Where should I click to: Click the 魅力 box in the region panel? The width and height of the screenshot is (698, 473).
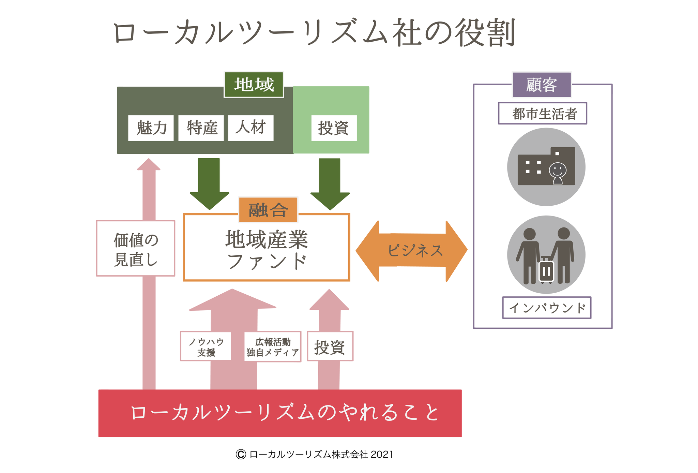click(151, 128)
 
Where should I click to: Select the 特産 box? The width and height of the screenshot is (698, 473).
click(201, 128)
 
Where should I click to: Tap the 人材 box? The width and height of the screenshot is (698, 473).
click(251, 128)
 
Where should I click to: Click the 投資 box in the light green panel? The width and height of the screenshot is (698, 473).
click(334, 128)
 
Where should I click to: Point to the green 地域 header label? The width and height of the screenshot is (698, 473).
click(254, 85)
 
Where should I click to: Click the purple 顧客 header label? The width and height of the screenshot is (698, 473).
click(542, 85)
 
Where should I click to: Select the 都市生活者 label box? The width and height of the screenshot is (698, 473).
click(543, 114)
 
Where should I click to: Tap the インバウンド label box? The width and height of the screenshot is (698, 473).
click(547, 308)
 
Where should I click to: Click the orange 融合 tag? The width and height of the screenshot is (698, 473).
click(268, 210)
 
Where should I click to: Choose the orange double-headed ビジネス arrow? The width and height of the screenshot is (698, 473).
click(411, 251)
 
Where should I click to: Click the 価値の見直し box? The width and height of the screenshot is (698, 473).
click(136, 249)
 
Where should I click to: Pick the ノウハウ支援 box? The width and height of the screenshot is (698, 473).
click(206, 346)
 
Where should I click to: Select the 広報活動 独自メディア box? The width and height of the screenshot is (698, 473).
click(273, 346)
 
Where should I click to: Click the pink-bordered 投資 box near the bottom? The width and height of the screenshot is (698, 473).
click(330, 346)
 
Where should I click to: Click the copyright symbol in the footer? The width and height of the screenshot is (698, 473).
click(241, 454)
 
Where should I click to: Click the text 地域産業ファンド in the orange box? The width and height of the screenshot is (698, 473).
click(267, 250)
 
